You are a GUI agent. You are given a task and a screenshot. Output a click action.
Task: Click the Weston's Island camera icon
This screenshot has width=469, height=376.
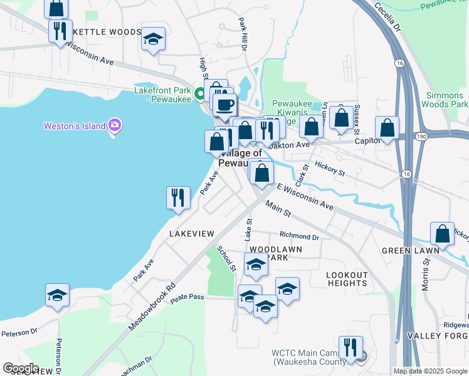115,125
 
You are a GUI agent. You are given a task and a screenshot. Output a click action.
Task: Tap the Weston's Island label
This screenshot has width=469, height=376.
74,126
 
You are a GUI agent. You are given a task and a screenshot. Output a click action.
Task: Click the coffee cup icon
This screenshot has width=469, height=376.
225,105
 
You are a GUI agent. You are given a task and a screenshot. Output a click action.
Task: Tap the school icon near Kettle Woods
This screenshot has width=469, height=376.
152,39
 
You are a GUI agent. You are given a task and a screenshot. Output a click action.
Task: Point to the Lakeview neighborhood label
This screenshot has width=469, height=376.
192,233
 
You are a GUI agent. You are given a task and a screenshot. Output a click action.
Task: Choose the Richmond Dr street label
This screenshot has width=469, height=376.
299,236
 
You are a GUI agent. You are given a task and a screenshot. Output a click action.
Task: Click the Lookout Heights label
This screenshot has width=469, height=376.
347,279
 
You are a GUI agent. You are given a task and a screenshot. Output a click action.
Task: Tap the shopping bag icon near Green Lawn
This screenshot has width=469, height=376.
442,233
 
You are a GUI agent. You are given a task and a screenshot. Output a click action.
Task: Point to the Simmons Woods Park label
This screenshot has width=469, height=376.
446,100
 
